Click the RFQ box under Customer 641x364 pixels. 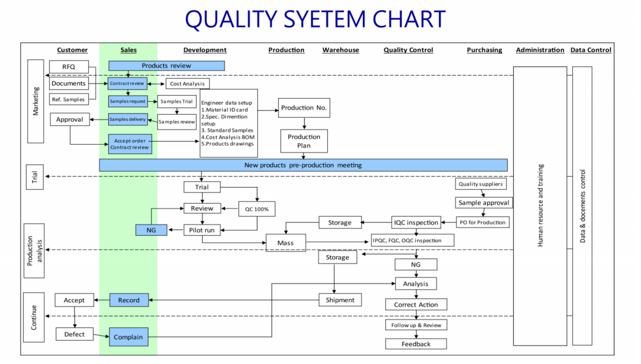[x=68, y=67]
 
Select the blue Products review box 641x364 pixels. [x=166, y=66]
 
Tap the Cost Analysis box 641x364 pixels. [x=187, y=83]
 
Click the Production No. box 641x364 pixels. [x=304, y=108]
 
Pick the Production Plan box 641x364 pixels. [x=304, y=141]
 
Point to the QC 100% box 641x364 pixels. [x=257, y=209]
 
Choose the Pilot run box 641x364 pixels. [x=202, y=230]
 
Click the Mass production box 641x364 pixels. [x=285, y=243]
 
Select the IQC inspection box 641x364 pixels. [x=415, y=222]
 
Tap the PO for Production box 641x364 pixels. [x=482, y=222]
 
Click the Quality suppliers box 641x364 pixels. [x=481, y=184]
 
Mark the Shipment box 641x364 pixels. [x=340, y=300]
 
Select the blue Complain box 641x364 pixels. [x=129, y=337]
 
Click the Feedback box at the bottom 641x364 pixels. [x=416, y=344]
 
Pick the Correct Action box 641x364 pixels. [x=416, y=304]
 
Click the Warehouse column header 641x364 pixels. [x=340, y=50]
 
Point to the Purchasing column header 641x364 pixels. [x=484, y=50]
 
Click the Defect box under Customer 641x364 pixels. [x=74, y=334]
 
